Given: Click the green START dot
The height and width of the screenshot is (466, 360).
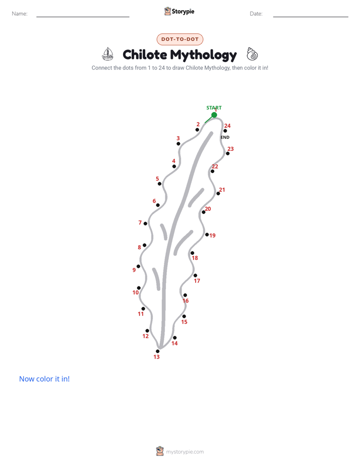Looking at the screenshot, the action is coord(214,115).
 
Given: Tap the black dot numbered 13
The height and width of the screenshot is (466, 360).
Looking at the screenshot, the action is coord(157,352).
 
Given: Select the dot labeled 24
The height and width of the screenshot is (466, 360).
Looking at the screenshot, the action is coord(225,131).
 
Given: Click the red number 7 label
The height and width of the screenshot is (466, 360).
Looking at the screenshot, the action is coord(140,222).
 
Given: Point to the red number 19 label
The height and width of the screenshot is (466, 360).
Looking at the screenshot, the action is coord(212,236).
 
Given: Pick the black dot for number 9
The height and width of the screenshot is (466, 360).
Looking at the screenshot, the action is coord(139,266).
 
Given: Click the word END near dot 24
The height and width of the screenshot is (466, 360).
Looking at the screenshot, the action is coord(225,137).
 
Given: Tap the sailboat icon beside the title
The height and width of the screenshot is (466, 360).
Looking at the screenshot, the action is coord(108,54).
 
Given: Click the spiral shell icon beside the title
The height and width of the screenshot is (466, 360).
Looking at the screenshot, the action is coord(252,54).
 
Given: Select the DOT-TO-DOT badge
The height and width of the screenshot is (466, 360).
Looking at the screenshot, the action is coord(180,39).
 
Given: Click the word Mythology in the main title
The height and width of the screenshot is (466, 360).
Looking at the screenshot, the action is coord(204,55).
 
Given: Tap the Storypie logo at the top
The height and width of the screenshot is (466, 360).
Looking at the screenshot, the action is coord(179,11).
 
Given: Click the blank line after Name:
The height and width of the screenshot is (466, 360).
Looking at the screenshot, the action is coord(83,17).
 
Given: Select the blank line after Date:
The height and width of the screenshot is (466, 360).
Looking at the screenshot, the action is coord(311,17).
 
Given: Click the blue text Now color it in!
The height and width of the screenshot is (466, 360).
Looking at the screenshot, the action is coord(44,379).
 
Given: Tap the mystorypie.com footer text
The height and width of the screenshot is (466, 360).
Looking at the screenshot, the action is coord(185,452).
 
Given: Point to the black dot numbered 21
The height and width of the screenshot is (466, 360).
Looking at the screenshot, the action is coord(218,194).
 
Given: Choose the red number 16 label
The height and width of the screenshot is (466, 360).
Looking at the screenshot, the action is coord(186,301).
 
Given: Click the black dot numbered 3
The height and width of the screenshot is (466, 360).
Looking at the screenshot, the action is coord(178,144).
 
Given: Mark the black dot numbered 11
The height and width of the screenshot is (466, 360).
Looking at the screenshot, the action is coord(143,309).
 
